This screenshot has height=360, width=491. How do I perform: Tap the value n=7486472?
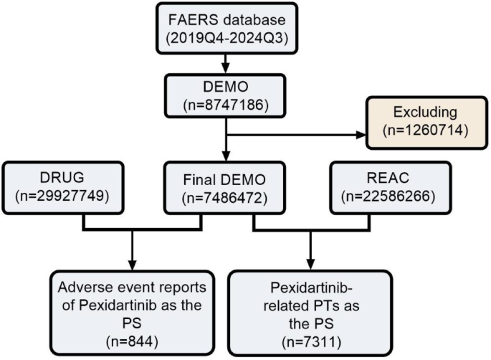point(227,196)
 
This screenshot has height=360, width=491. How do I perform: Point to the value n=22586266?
point(391,196)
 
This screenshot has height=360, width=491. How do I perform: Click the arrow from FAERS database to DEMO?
point(227,64)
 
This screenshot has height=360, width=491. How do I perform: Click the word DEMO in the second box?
point(227,87)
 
